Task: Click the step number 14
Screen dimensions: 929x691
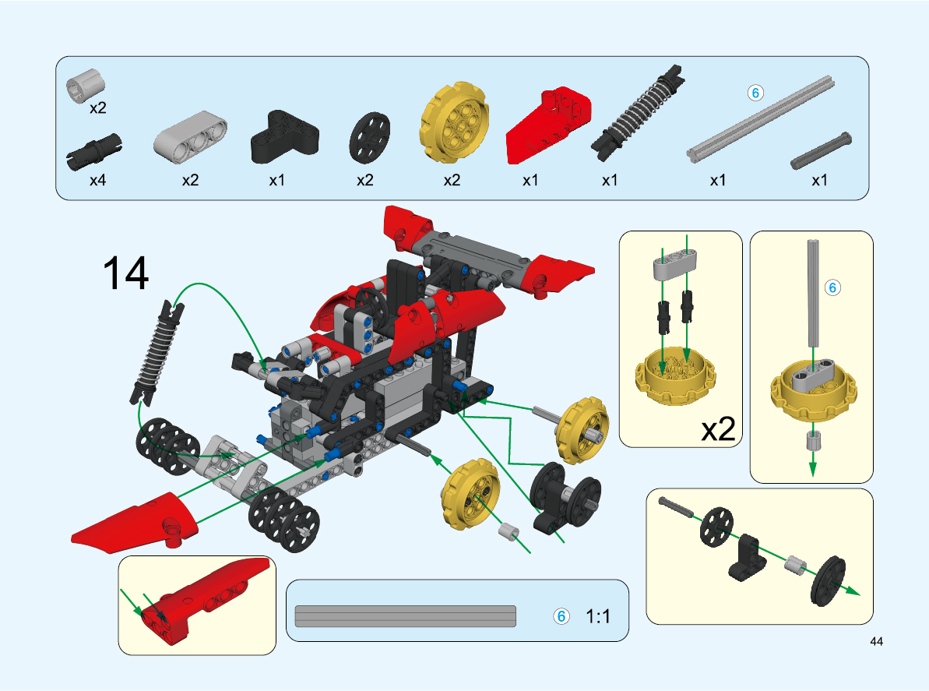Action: [x=125, y=273]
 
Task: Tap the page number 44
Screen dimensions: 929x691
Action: [x=876, y=641]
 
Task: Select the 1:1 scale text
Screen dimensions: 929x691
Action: [x=598, y=616]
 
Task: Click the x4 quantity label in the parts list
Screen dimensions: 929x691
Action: [x=98, y=180]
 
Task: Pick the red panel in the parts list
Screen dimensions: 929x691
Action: [x=548, y=125]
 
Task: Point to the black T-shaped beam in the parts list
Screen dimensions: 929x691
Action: [x=283, y=137]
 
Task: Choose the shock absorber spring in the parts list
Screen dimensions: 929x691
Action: [x=638, y=113]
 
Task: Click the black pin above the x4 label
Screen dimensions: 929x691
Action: [x=93, y=151]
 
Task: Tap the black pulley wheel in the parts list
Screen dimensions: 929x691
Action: [x=369, y=137]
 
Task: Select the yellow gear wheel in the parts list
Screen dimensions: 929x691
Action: [x=455, y=122]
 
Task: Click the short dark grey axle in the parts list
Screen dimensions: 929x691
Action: [x=822, y=150]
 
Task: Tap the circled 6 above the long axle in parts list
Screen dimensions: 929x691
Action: [x=755, y=93]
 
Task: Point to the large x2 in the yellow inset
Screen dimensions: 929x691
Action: [x=718, y=428]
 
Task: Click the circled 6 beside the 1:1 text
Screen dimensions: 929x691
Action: [x=561, y=616]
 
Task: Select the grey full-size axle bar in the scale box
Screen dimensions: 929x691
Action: [x=405, y=616]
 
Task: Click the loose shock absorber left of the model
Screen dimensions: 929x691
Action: [x=157, y=352]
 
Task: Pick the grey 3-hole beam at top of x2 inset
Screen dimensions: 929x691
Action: [x=675, y=265]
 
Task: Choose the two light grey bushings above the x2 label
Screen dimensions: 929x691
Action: [x=86, y=86]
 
